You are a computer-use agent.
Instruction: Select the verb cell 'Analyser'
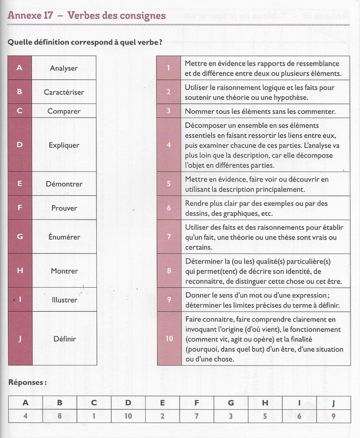point(64,68)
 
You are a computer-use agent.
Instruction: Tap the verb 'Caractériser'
point(64,92)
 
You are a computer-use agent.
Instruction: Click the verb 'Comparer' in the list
point(64,111)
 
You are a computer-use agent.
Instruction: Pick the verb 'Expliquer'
point(64,145)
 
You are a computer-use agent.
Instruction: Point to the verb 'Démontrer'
point(64,184)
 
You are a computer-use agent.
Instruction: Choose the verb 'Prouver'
point(64,208)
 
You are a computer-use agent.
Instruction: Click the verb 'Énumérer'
point(64,237)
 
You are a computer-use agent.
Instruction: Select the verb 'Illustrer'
point(64,300)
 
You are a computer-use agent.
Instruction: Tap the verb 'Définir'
point(64,339)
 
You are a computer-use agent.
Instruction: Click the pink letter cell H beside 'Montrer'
point(19,271)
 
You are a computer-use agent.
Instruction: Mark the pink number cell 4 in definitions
point(169,145)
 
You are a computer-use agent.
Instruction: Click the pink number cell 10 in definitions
point(169,339)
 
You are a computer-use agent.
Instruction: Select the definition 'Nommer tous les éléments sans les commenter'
point(260,111)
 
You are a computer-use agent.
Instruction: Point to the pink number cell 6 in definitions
point(169,207)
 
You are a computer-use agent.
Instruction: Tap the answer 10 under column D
point(128,415)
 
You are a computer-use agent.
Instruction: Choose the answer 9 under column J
point(333,415)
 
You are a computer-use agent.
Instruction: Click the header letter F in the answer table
point(197,402)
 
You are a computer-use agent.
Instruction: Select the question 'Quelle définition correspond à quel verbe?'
point(85,42)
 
